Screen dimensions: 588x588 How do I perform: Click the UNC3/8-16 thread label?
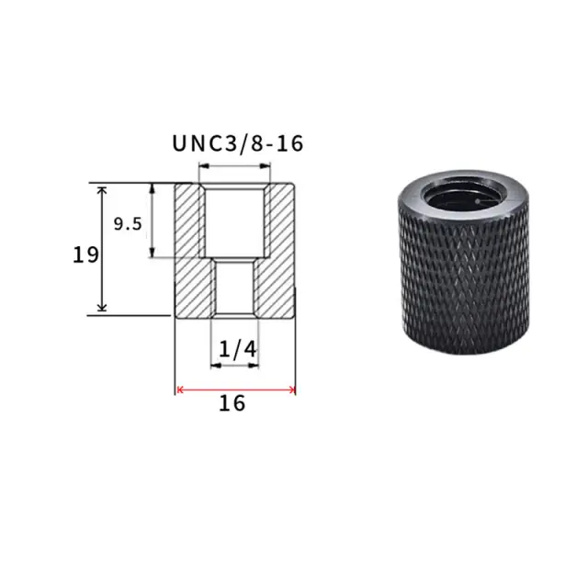[x=237, y=143]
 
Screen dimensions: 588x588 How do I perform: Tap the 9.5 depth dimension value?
[x=128, y=224]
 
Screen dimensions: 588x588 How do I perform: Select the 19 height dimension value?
[x=85, y=255]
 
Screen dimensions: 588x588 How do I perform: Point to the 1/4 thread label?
[x=237, y=349]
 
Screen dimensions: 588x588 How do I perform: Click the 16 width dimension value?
[x=232, y=403]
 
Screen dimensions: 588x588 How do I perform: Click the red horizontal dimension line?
[x=235, y=390]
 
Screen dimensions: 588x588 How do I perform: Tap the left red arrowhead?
[x=180, y=390]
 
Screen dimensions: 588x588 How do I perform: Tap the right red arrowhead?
[x=292, y=390]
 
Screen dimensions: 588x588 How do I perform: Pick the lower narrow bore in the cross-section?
[x=235, y=288]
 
